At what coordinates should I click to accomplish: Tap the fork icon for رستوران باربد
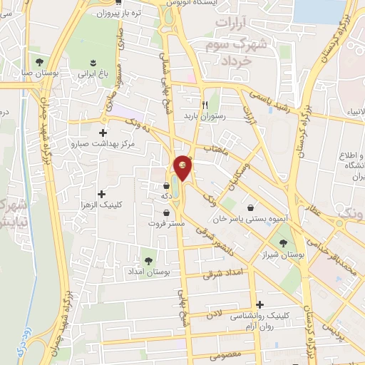click(x=206, y=104)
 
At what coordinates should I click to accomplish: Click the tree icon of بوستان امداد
click(x=148, y=260)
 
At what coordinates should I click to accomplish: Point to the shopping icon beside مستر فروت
click(x=166, y=212)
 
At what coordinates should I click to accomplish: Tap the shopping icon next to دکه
click(x=165, y=187)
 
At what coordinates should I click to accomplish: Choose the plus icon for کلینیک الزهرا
click(x=101, y=194)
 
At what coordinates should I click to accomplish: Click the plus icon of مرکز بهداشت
click(x=104, y=133)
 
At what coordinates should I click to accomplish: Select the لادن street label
click(x=215, y=314)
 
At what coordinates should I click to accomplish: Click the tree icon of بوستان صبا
click(x=39, y=61)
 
